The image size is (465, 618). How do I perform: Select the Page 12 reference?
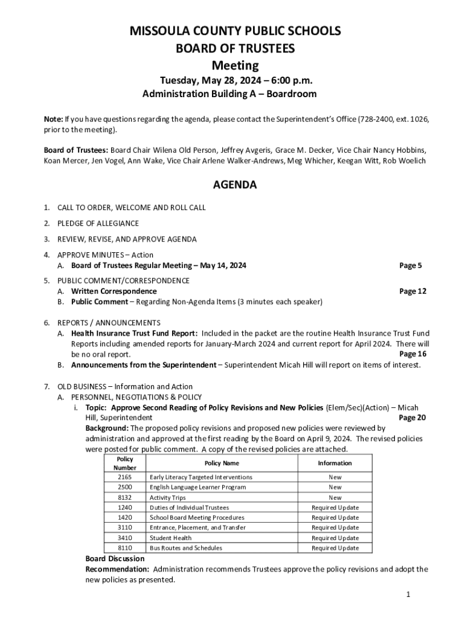(x=413, y=291)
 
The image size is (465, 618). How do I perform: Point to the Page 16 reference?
(x=413, y=354)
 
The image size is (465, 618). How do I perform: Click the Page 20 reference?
(x=413, y=418)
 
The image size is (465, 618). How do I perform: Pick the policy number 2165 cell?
(x=125, y=477)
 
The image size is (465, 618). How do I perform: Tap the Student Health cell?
(x=170, y=538)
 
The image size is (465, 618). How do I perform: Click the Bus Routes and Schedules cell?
(x=186, y=548)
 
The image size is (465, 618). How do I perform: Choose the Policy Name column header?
(x=222, y=463)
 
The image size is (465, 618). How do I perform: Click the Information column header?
(x=335, y=463)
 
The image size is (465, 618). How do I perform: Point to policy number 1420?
(x=125, y=518)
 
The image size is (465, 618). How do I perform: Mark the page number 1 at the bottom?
(x=408, y=595)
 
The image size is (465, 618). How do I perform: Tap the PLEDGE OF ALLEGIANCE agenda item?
(x=98, y=223)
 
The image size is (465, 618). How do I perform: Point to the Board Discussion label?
(x=115, y=559)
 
